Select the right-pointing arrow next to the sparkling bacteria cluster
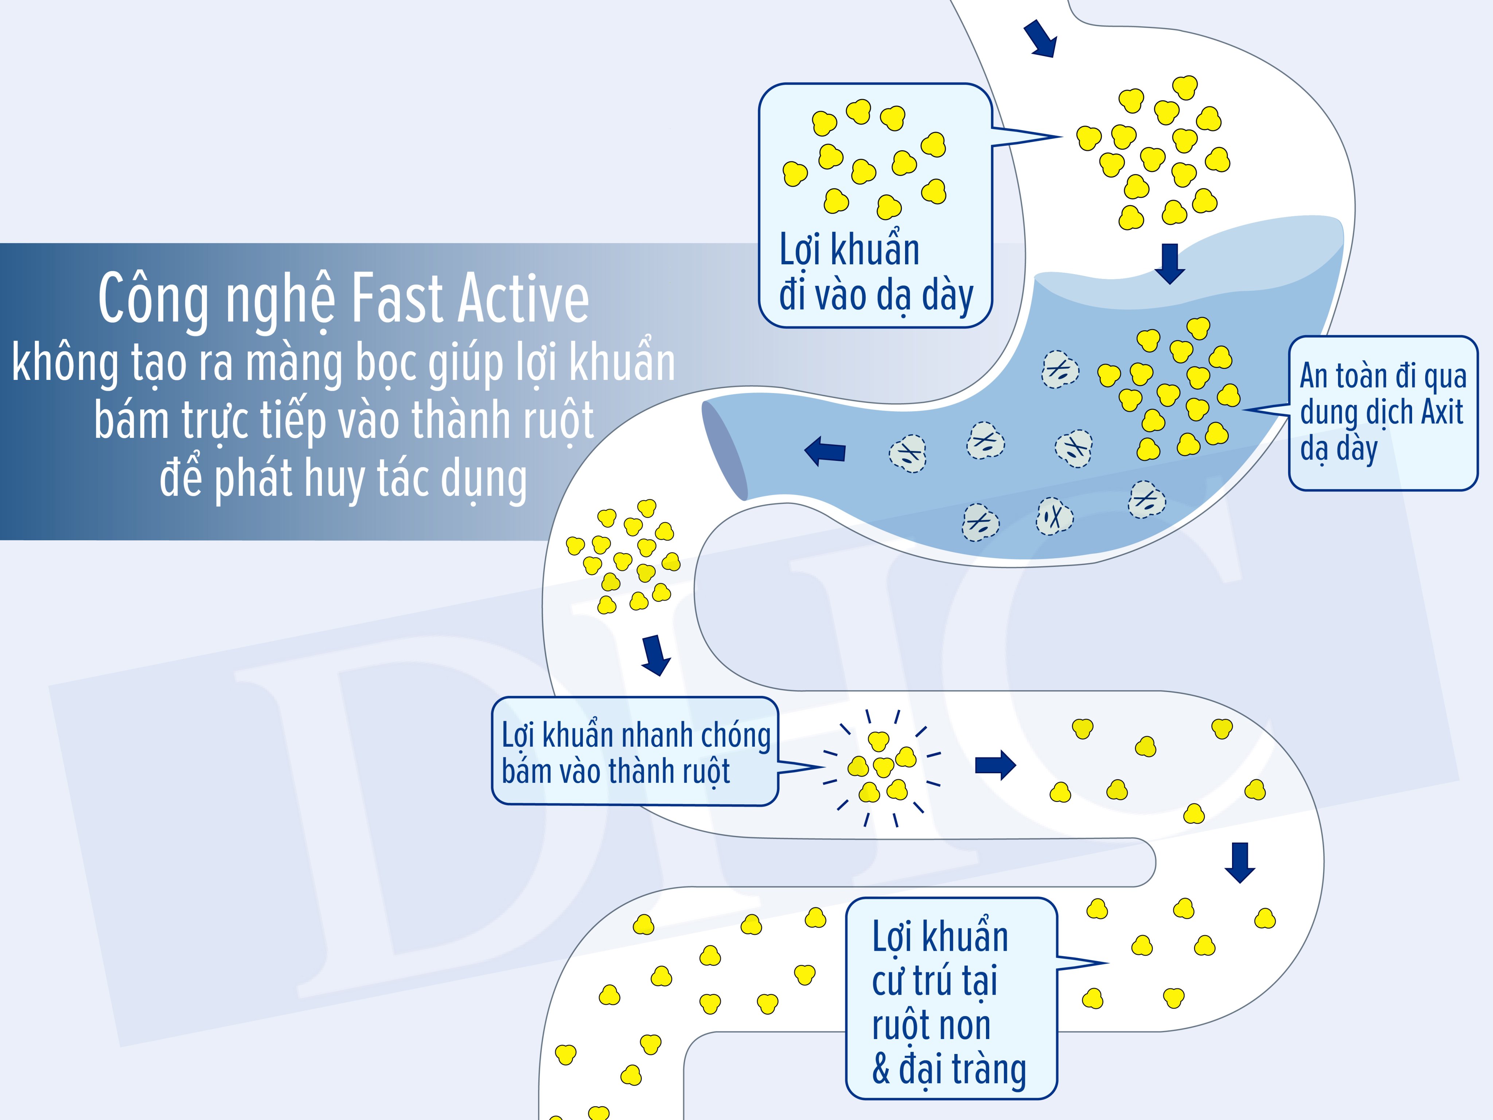pos(995,765)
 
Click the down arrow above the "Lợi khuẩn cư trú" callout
pos(1240,863)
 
